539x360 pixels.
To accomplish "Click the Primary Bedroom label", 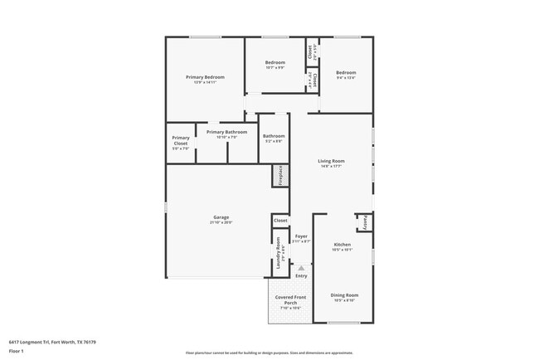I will pyautogui.click(x=205, y=77).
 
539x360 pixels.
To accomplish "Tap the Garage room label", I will pyautogui.click(x=221, y=217).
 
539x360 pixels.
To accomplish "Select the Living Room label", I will pyautogui.click(x=332, y=161).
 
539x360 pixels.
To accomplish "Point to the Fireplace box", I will pyautogui.click(x=280, y=176).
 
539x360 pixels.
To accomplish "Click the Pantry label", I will pyautogui.click(x=364, y=221).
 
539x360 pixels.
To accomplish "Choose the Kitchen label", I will pyautogui.click(x=342, y=245).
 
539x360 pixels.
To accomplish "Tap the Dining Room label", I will pyautogui.click(x=344, y=295).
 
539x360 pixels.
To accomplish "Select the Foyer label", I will pyautogui.click(x=301, y=236).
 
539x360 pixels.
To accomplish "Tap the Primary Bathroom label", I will pyautogui.click(x=226, y=132).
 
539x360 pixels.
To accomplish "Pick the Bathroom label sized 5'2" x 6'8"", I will pyautogui.click(x=274, y=136).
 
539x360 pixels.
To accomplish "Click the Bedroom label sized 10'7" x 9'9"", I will pyautogui.click(x=275, y=63).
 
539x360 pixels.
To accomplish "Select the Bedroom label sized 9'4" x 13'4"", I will pyautogui.click(x=346, y=73).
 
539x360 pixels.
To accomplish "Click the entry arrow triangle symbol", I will pyautogui.click(x=301, y=269).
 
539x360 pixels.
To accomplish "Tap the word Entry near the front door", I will pyautogui.click(x=301, y=276).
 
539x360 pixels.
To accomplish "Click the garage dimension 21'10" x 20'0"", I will pyautogui.click(x=221, y=222).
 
